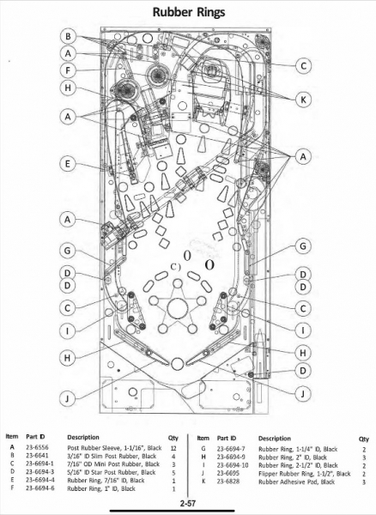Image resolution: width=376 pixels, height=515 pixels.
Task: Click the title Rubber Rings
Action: coord(189,12)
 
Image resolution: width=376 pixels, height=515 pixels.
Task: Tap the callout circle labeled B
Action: coord(68,36)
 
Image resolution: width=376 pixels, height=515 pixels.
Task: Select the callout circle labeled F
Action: coord(68,70)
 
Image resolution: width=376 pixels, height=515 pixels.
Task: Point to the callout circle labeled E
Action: coord(68,164)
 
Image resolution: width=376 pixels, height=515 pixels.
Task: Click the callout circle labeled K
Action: coord(303,99)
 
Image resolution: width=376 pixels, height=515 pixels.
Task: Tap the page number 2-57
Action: coord(188,502)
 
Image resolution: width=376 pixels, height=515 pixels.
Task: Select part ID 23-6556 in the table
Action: coord(37,447)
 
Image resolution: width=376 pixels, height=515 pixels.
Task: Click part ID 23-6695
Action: coord(227,473)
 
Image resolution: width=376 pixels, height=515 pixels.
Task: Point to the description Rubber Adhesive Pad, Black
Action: coord(296,482)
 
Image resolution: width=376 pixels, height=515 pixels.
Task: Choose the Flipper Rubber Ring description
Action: coord(305,473)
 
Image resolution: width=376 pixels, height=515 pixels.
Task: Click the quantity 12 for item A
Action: coord(173,448)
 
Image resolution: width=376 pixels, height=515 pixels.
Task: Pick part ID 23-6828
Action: coord(228,482)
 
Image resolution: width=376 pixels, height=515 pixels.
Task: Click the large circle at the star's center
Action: coord(178,308)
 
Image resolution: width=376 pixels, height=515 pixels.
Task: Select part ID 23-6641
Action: coord(37,456)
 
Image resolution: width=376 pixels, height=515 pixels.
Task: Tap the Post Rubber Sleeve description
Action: coord(114,448)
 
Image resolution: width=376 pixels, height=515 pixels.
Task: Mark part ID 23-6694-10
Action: coord(233,465)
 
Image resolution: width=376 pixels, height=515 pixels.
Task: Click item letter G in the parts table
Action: coord(203,449)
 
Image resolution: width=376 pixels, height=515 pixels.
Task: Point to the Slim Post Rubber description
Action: coord(112,456)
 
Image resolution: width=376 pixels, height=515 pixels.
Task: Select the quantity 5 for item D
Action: coord(173,472)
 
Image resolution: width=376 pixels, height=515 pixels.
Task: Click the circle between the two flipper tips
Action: coord(178,363)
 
